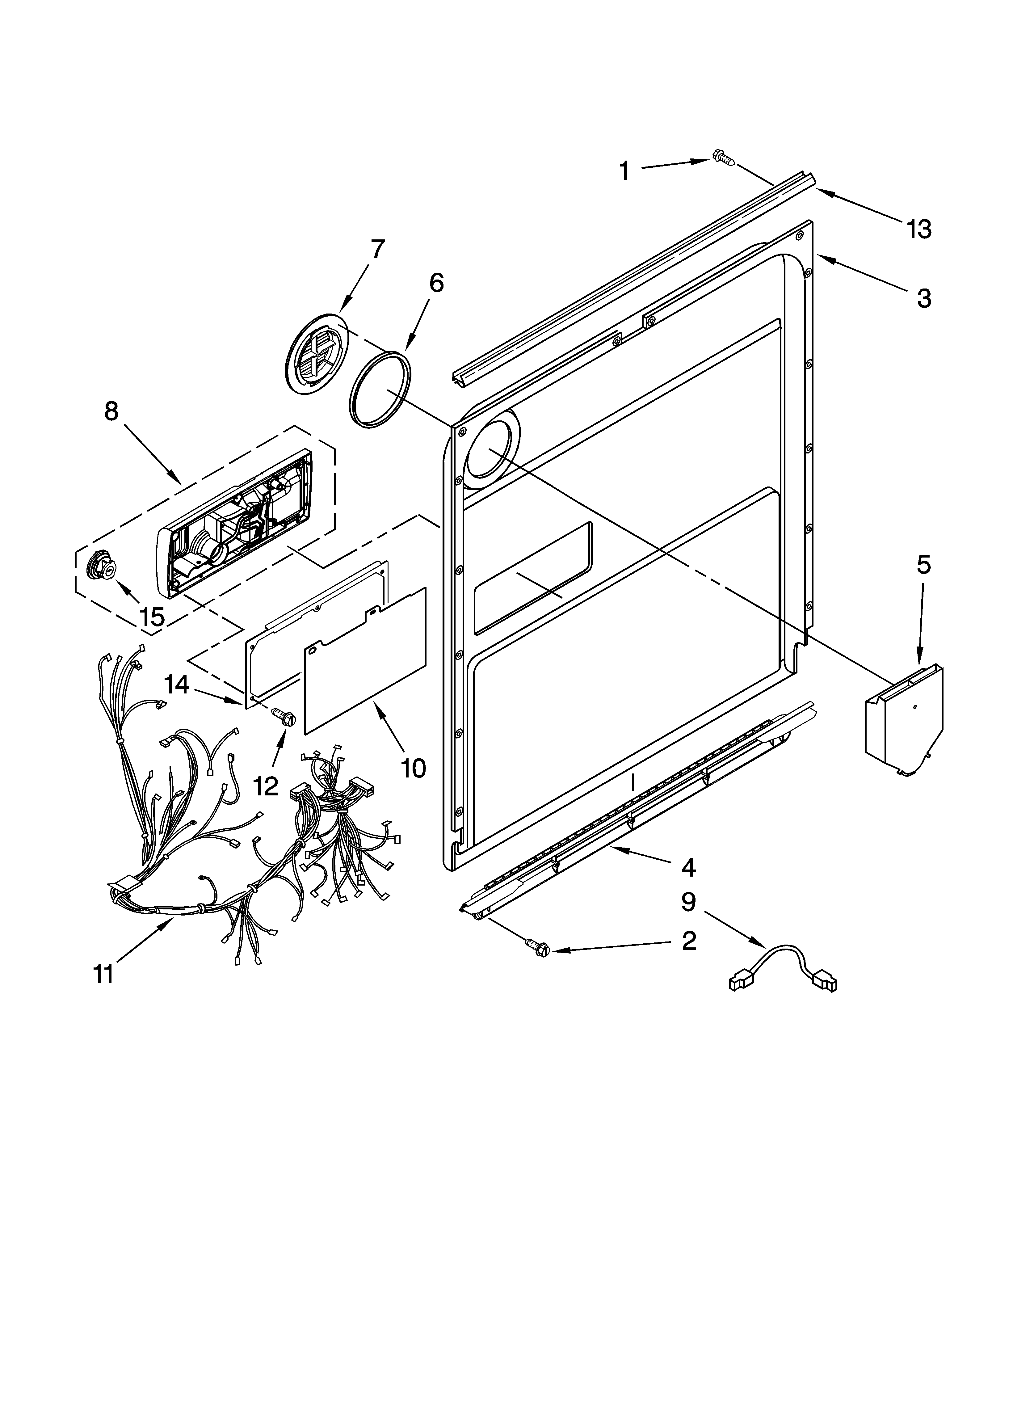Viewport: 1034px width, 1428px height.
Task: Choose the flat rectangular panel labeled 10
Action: point(365,661)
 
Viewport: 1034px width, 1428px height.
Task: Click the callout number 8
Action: point(111,411)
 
